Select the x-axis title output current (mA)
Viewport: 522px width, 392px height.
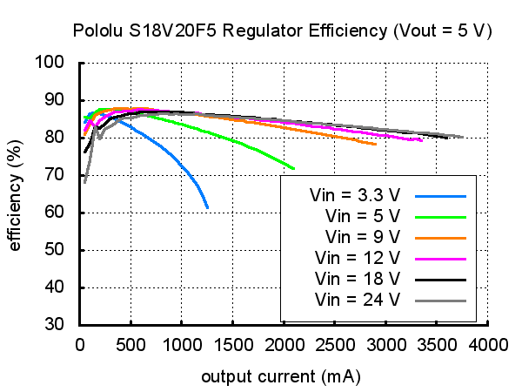pos(281,377)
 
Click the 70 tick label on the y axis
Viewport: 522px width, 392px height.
pos(57,175)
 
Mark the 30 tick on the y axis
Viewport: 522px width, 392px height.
pos(57,325)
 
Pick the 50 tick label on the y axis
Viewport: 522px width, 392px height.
pos(57,250)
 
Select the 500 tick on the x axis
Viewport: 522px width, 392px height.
pos(130,344)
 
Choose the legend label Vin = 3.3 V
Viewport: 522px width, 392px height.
pos(354,193)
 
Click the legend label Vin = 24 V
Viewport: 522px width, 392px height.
pos(358,301)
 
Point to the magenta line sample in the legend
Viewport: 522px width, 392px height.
pos(441,258)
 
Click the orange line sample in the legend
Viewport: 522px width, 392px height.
pos(441,237)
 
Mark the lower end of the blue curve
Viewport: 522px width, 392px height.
pos(207,207)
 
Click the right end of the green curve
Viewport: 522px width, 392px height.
pos(294,168)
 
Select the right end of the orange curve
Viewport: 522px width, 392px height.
pos(376,145)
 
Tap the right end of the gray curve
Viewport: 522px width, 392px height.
pos(462,137)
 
